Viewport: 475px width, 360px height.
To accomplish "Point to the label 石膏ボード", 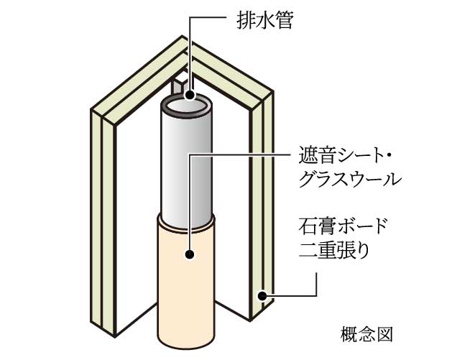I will pos(337,228).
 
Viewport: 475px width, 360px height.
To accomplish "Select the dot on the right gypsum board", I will pos(264,295).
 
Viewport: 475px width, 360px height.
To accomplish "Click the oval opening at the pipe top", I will pos(188,107).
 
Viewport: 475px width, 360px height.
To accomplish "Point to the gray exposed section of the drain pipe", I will pos(188,165).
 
